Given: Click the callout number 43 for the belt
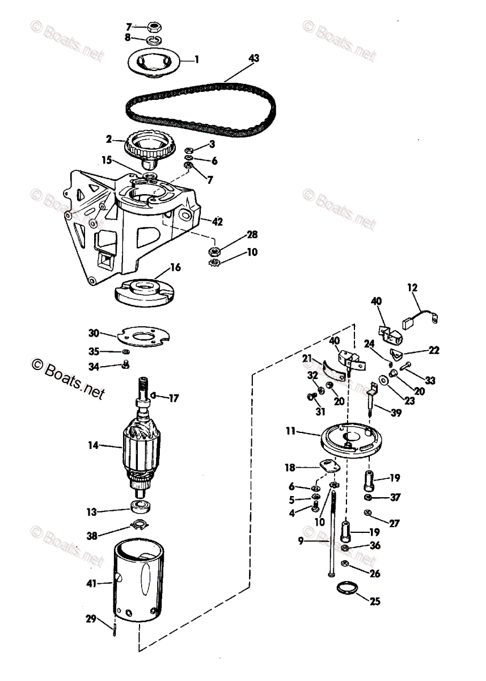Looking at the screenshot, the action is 253,58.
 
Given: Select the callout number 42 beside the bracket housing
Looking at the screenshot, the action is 217,221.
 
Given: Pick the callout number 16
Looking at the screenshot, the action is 175,267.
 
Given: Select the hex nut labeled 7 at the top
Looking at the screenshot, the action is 154,27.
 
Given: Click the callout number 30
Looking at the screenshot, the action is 94,333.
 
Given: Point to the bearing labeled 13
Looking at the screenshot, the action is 141,506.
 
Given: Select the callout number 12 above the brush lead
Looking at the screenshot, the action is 412,287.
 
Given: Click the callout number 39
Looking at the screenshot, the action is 396,413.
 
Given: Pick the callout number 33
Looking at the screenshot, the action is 430,380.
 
